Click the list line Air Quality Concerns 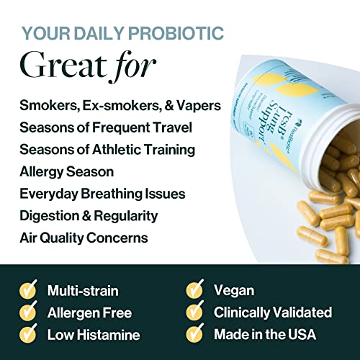[x=84, y=236]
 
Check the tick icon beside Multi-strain [x=28, y=290]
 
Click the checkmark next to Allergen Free [x=28, y=312]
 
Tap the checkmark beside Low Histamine [x=28, y=335]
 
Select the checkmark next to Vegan [x=194, y=290]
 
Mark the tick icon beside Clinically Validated [x=194, y=312]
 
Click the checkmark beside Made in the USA [x=194, y=335]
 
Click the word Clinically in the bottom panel [x=242, y=312]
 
